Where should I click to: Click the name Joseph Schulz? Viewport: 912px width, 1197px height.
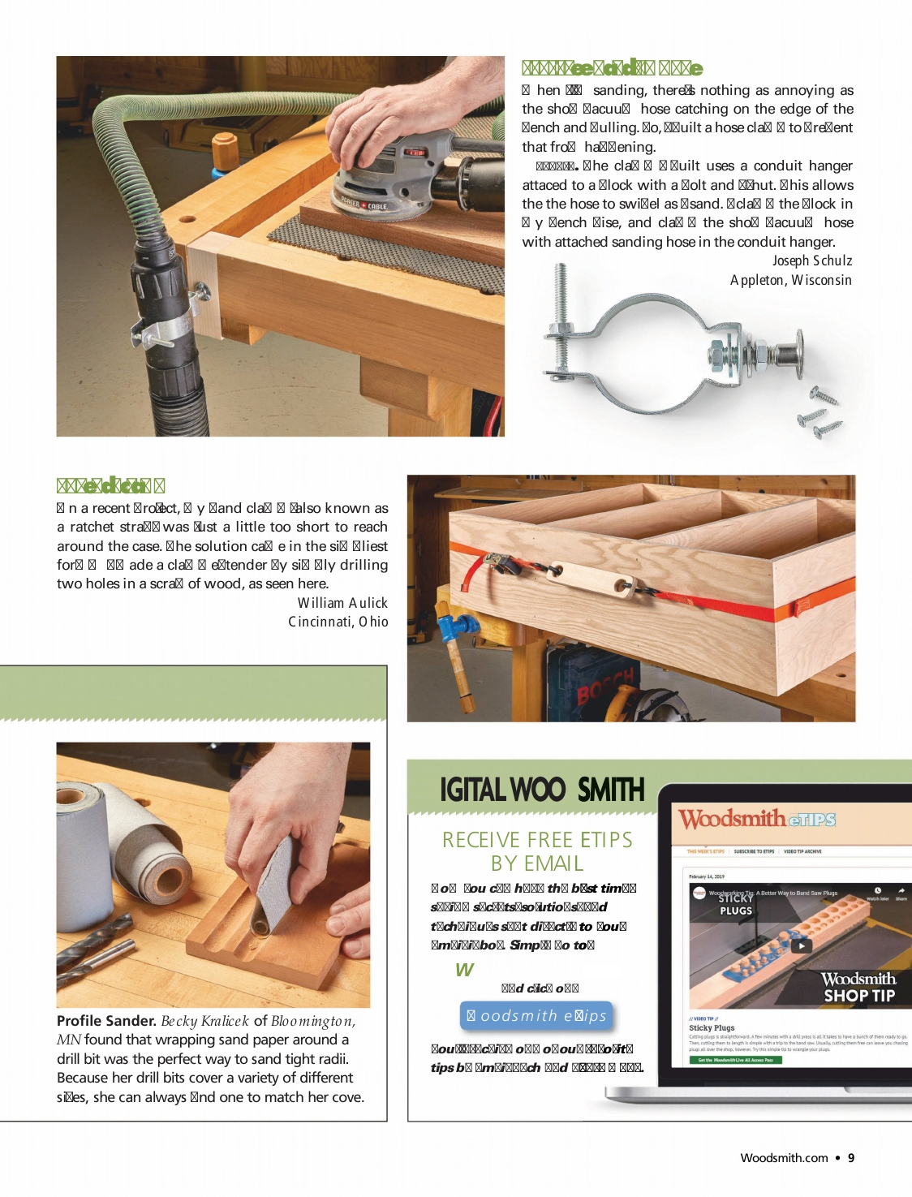811,260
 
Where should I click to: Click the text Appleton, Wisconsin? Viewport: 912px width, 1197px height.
790,280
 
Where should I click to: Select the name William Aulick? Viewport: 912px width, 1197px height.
342,603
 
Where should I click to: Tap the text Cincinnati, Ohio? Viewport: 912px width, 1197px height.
338,622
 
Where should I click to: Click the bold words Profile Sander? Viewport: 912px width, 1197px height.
106,1021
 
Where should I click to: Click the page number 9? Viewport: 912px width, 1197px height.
851,1158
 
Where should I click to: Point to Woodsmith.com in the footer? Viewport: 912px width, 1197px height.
784,1158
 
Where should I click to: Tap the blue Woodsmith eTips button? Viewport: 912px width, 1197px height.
536,1016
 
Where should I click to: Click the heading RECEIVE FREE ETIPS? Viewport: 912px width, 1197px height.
537,840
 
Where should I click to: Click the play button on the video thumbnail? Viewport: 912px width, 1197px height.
801,945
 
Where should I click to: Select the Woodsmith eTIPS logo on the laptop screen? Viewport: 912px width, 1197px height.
757,819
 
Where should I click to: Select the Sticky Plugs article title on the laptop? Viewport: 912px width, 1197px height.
712,1027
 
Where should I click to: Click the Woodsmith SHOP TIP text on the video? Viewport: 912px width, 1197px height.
858,987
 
